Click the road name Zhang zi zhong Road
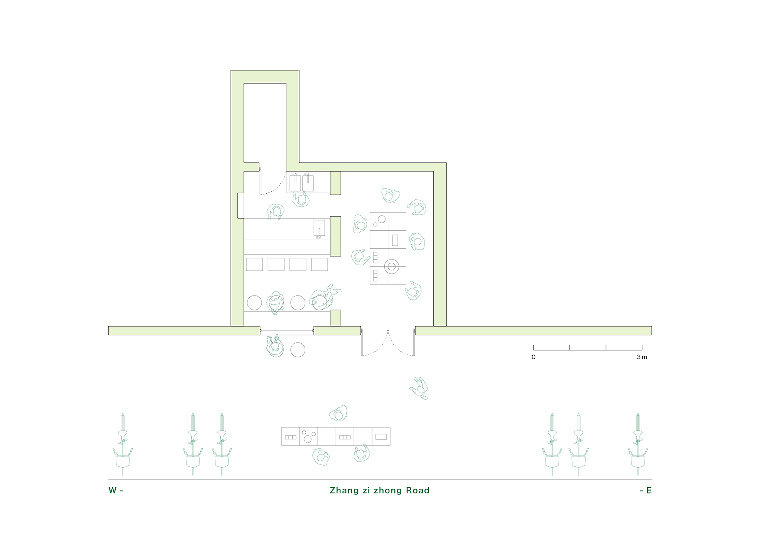click(x=380, y=491)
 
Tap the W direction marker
click(x=116, y=491)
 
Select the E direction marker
click(x=646, y=491)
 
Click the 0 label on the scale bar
click(x=534, y=357)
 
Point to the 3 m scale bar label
click(x=642, y=357)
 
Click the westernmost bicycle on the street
click(x=123, y=444)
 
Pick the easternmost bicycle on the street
click(x=638, y=444)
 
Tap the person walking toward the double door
click(x=419, y=388)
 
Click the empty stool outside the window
click(x=298, y=350)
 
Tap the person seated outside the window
click(x=275, y=345)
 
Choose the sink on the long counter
click(x=319, y=229)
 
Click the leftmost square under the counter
click(x=254, y=265)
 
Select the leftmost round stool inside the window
click(x=254, y=303)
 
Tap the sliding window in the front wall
click(x=287, y=331)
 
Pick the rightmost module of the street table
click(x=381, y=436)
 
